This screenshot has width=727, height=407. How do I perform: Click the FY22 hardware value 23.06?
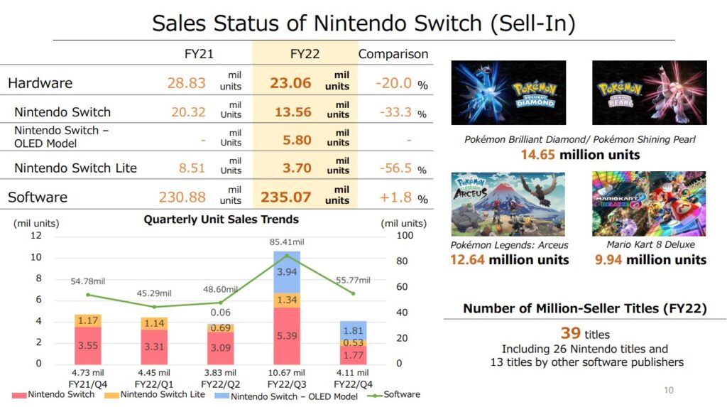(x=290, y=83)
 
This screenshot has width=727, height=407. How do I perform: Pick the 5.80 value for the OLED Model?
(x=297, y=140)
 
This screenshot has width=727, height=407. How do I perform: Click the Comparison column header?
(x=393, y=54)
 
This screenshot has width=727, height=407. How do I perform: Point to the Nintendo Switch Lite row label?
(x=75, y=168)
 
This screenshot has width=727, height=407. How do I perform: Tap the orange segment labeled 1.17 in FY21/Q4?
(x=88, y=321)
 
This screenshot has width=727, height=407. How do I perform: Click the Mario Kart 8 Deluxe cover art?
(x=649, y=204)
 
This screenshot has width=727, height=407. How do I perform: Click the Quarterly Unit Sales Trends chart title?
(x=221, y=219)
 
